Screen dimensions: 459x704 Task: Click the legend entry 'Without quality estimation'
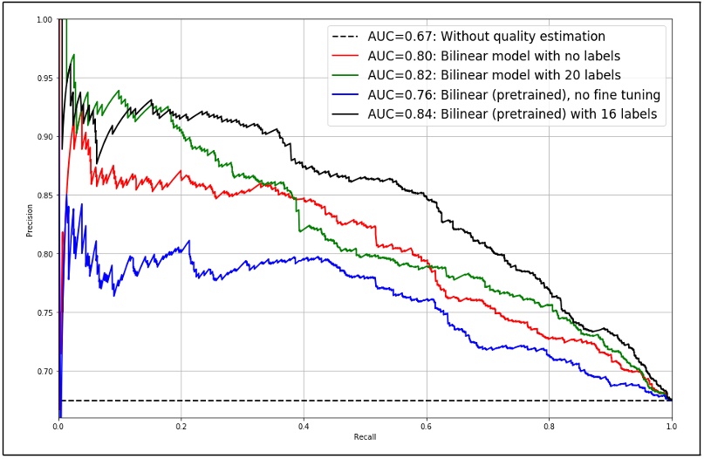[486, 37]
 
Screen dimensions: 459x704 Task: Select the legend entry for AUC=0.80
[488, 56]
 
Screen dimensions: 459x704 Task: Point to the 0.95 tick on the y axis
[44, 78]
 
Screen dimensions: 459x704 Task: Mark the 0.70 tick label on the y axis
[44, 372]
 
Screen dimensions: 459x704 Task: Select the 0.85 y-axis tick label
[44, 195]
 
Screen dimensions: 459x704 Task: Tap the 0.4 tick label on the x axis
[304, 427]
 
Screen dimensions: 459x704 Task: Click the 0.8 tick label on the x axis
[549, 427]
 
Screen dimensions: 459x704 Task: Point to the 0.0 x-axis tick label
[58, 427]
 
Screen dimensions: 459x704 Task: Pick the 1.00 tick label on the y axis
[44, 19]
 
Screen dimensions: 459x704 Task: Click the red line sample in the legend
[345, 56]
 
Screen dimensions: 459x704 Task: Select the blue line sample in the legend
[345, 95]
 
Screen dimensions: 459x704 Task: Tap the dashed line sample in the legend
[345, 37]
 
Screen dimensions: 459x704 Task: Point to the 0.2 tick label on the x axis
[181, 427]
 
